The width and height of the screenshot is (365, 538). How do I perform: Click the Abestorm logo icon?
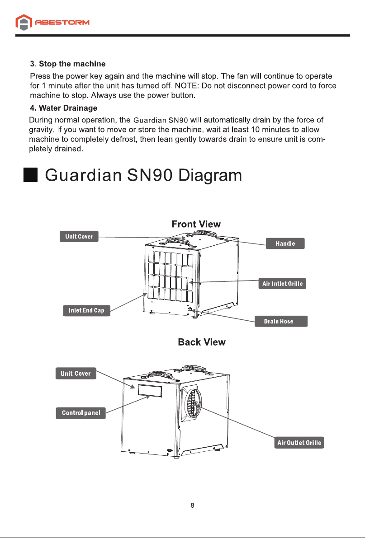point(24,22)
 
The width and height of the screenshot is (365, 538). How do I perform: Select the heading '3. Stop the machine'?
point(68,64)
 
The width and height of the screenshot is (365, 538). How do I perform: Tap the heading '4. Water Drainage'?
point(64,108)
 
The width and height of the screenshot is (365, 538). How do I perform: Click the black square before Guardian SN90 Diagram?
point(31,175)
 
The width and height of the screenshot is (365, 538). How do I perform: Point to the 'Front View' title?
point(196,224)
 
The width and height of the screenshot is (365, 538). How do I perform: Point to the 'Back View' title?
point(202,342)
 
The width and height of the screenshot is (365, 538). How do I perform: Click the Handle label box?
point(285,243)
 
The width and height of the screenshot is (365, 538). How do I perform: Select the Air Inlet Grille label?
point(282,284)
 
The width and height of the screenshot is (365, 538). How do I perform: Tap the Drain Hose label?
point(281,322)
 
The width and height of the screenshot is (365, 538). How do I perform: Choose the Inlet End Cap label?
point(86,310)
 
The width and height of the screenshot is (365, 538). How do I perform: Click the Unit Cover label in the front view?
point(79,236)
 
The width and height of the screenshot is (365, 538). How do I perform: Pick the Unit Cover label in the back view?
point(76,374)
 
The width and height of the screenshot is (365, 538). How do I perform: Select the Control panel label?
point(81,413)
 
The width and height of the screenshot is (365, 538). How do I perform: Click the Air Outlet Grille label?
point(299,443)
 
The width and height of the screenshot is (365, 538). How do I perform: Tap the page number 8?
point(193,505)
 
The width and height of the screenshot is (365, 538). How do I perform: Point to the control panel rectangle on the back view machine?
point(150,391)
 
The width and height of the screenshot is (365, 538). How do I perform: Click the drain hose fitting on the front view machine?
point(190,310)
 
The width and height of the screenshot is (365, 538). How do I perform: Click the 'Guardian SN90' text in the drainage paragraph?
point(161,121)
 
